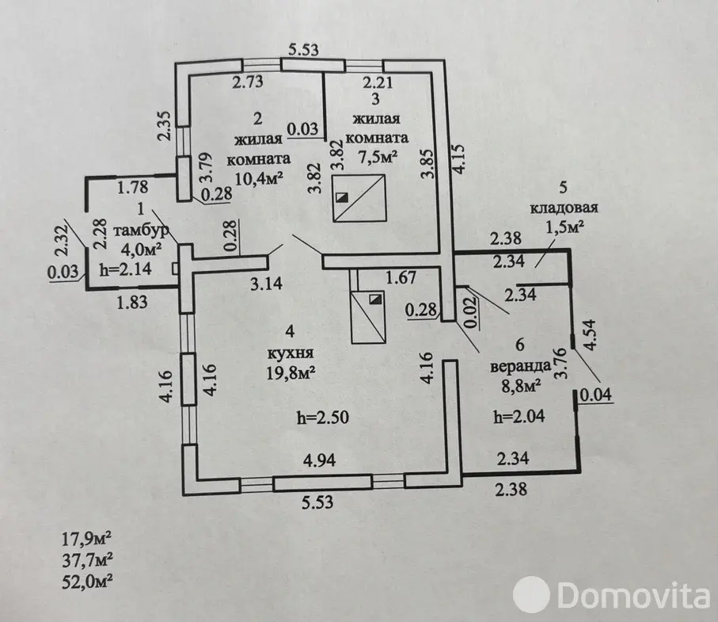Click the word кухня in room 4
(x=286, y=353)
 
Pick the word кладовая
(x=564, y=209)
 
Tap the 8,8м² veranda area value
(x=519, y=386)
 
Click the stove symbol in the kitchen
(x=367, y=315)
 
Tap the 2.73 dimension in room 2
(x=248, y=80)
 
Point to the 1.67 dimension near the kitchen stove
(x=401, y=277)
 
